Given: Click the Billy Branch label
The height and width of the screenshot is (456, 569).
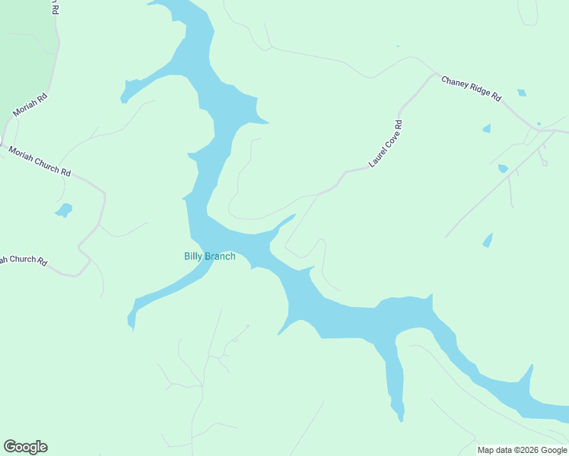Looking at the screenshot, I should point(209,256).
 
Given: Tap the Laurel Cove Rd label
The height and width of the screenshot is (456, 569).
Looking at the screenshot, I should point(385,143).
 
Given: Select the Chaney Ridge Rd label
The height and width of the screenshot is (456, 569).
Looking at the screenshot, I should point(472,87).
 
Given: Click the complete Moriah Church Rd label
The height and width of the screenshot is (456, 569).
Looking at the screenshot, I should point(40,161).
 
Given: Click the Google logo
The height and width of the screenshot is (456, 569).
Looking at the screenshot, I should point(25,447).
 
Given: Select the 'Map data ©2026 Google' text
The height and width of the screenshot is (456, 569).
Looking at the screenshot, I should point(523,450).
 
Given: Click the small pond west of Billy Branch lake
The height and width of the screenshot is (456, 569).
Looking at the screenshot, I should point(64,209).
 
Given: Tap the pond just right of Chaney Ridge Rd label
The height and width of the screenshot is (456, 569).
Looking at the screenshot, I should point(521,93).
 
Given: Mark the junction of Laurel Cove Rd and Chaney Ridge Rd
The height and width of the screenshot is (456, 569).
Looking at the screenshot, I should point(436,74).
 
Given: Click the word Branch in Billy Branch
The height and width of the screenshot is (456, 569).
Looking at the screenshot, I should point(220,256).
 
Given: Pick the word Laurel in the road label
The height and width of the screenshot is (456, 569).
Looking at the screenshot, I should point(377,157).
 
